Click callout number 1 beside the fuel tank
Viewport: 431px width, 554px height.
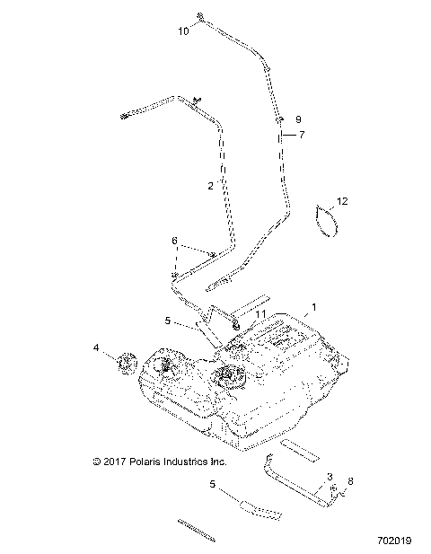click(312, 307)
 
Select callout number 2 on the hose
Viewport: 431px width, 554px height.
click(210, 186)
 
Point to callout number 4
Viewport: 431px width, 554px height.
click(95, 347)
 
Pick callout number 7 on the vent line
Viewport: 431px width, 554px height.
click(302, 134)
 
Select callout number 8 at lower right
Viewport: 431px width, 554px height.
click(351, 481)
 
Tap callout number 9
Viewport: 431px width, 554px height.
click(299, 119)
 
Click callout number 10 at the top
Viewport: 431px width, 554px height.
click(183, 31)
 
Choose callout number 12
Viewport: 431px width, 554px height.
click(342, 201)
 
